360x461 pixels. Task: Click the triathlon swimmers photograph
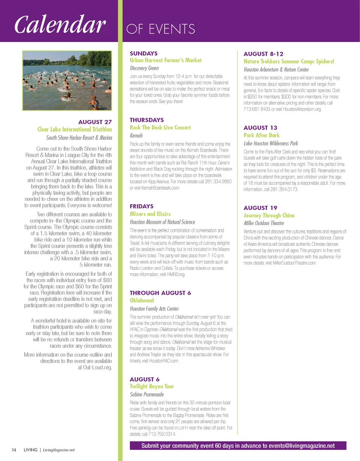(67, 80)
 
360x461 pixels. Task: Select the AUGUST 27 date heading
(95, 122)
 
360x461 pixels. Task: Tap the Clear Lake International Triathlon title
(75, 129)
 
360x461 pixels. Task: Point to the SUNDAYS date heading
(144, 53)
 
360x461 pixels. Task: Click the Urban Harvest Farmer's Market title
(165, 60)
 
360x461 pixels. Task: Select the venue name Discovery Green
(144, 68)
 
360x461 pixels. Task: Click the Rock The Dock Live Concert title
(160, 127)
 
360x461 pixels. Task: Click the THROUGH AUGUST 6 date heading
(160, 293)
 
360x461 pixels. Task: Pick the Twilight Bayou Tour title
(152, 386)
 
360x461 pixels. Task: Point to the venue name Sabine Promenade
(147, 394)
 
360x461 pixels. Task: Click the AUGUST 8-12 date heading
(263, 54)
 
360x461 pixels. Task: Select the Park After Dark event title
(261, 135)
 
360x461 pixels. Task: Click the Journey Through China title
(269, 216)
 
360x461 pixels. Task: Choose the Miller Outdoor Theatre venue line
(264, 223)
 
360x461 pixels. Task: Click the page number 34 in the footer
(14, 450)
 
